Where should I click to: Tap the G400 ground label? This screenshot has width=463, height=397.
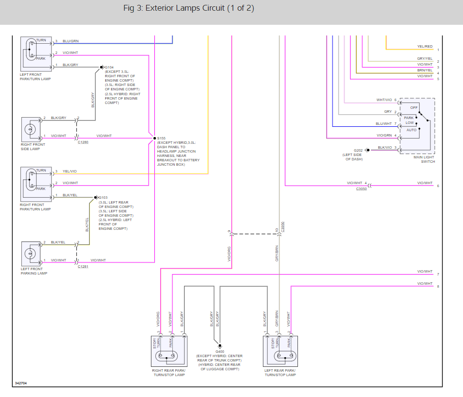pos(220,351)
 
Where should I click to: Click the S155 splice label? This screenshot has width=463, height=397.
pos(161,138)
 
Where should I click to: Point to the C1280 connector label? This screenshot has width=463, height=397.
pos(83,142)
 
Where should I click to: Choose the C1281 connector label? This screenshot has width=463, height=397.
pos(83,267)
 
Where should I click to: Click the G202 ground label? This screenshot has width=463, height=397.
pos(358,150)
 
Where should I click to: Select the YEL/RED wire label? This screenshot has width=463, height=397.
pos(425,47)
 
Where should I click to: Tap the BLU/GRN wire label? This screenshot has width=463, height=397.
pos(71,41)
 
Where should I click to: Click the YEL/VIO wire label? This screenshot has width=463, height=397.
pos(70,172)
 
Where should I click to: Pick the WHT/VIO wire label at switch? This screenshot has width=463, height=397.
pos(384,100)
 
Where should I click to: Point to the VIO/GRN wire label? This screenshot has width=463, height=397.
pos(384,136)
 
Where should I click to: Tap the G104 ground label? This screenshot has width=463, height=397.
pos(109,67)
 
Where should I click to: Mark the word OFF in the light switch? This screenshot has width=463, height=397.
pos(414,107)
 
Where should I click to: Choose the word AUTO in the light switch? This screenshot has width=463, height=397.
pos(411,130)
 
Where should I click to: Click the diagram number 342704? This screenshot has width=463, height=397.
pos(21,383)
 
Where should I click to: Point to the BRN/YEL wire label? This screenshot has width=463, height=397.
pos(425,70)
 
